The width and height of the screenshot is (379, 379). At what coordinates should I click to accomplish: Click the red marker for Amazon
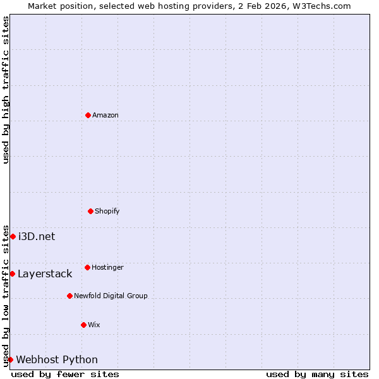pos(88,115)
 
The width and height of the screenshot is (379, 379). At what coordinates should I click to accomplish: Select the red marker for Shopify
pos(90,211)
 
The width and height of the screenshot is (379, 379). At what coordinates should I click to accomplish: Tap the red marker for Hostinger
pos(87,267)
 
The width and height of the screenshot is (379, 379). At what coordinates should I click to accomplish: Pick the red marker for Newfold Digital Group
pos(69,296)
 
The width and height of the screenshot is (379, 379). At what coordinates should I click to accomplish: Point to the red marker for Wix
pos(83,325)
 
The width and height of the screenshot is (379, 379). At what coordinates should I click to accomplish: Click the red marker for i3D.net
pos(13,236)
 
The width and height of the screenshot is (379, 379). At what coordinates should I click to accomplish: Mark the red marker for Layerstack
pos(12,274)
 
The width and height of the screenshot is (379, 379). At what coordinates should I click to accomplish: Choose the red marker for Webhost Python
pos(10,359)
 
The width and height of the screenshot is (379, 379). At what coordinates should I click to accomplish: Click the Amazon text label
pos(105,115)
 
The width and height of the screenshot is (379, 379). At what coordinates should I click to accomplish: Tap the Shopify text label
pos(107,211)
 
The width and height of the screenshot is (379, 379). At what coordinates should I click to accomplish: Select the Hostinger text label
pos(107,267)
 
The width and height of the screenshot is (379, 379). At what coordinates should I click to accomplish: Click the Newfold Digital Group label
pos(111,296)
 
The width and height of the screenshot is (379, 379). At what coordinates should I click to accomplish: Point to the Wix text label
pos(93,325)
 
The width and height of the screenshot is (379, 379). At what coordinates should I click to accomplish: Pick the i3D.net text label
pos(37,236)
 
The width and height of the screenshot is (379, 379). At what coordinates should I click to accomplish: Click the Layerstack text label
pos(45,274)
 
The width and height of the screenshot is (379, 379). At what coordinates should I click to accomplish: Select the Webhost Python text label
pos(57,359)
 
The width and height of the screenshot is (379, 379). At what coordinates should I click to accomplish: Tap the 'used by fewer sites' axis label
pos(65,374)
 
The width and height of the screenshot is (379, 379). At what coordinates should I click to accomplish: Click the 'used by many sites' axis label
pos(317,374)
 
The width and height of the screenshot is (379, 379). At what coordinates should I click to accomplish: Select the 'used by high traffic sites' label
pos(6,90)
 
